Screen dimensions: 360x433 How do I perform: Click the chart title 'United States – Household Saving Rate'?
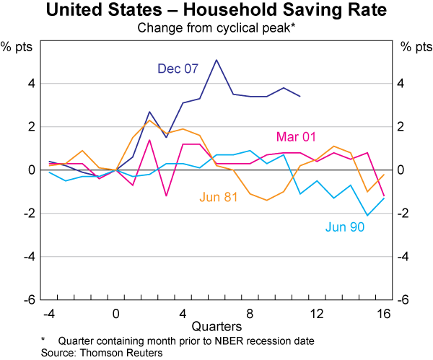pos(216,11)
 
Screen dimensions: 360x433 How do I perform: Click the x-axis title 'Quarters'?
pos(216,328)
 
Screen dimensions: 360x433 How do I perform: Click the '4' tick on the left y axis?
pos(31,84)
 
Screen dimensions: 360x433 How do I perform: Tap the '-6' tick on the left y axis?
pos(29,299)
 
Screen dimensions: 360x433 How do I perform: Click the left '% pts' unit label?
pos(22,47)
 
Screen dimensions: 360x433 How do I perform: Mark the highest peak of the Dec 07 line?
pos(216,60)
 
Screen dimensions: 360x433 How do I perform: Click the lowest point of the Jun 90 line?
pos(367,215)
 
